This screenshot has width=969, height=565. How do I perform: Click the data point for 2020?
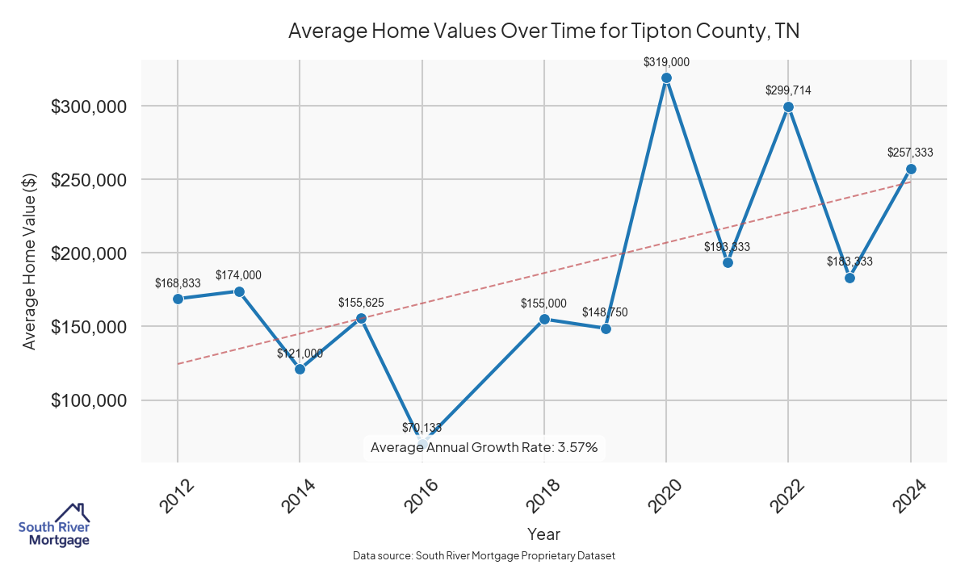coord(666,77)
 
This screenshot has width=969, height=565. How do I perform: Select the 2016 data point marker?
coord(422,443)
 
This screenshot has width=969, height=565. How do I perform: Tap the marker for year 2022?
coord(788,107)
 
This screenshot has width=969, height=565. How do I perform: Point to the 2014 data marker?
coord(300,369)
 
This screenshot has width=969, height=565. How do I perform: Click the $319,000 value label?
coord(666,61)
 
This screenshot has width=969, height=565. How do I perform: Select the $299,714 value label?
coord(788,90)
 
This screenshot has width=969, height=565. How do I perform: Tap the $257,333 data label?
coord(910,152)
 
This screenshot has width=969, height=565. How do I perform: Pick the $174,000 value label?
coord(238,275)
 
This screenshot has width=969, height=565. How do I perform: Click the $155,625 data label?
coord(361,303)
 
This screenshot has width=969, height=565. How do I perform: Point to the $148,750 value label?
coord(605,312)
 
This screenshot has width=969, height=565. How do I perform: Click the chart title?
coord(543,31)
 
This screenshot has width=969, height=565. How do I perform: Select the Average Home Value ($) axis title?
coord(29,261)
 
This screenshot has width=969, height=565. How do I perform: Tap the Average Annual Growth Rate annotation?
coord(484,447)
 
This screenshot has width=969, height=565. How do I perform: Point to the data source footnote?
coord(484,555)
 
